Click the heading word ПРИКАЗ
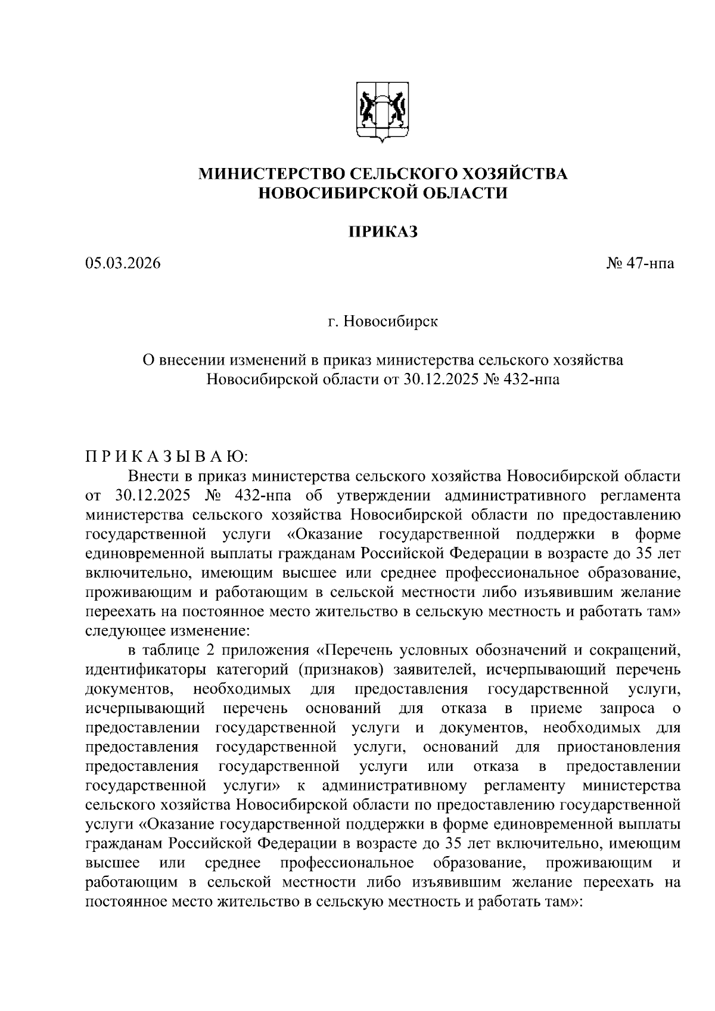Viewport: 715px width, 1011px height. tap(383, 232)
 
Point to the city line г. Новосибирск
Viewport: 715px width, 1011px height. tap(383, 322)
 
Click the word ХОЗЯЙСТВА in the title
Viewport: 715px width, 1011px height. tap(514, 174)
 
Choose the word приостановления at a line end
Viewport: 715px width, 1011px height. tap(619, 747)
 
